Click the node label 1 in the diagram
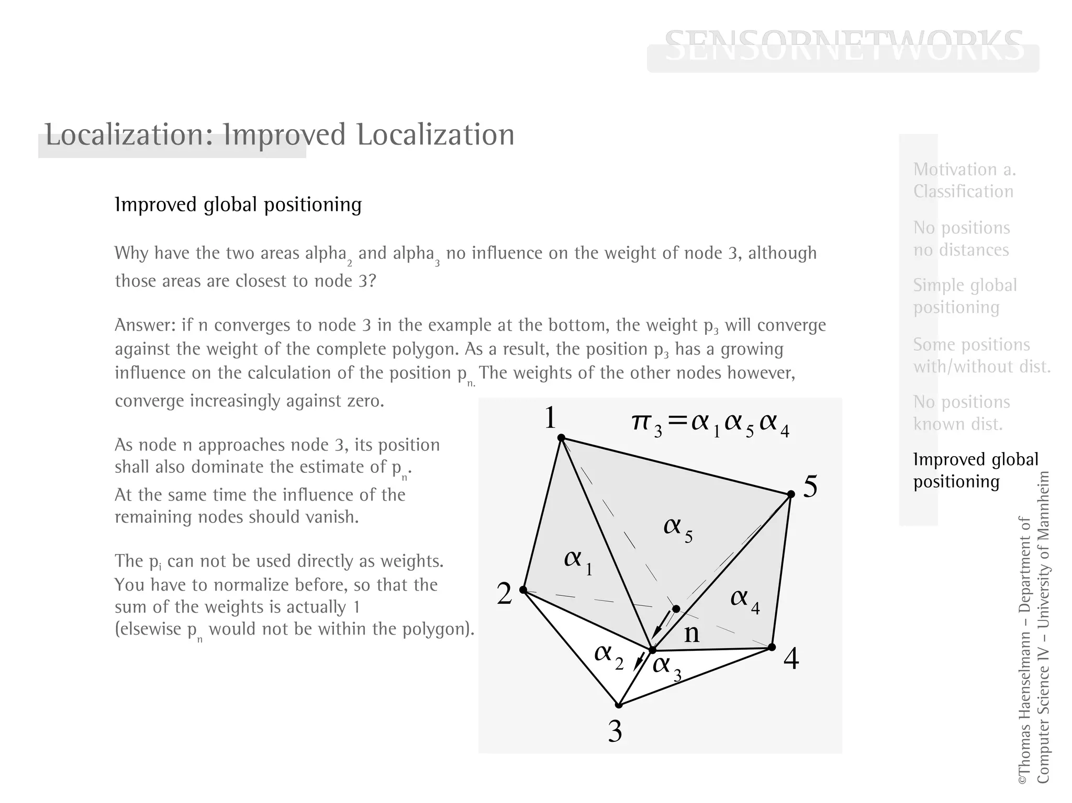pyautogui.click(x=550, y=418)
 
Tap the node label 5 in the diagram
pyautogui.click(x=810, y=487)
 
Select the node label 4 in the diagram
pyautogui.click(x=791, y=659)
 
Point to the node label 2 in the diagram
pyautogui.click(x=504, y=594)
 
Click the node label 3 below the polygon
pyautogui.click(x=615, y=731)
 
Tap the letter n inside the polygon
pyautogui.click(x=691, y=634)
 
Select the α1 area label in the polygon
pyautogui.click(x=578, y=561)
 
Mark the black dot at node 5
pyautogui.click(x=791, y=494)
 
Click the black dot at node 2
pyautogui.click(x=523, y=590)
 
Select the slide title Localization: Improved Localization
pyautogui.click(x=280, y=135)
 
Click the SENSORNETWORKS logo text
pyautogui.click(x=843, y=46)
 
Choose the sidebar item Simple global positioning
pyautogui.click(x=965, y=296)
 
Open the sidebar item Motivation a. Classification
pyautogui.click(x=964, y=180)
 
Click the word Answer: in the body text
pyautogui.click(x=144, y=325)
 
